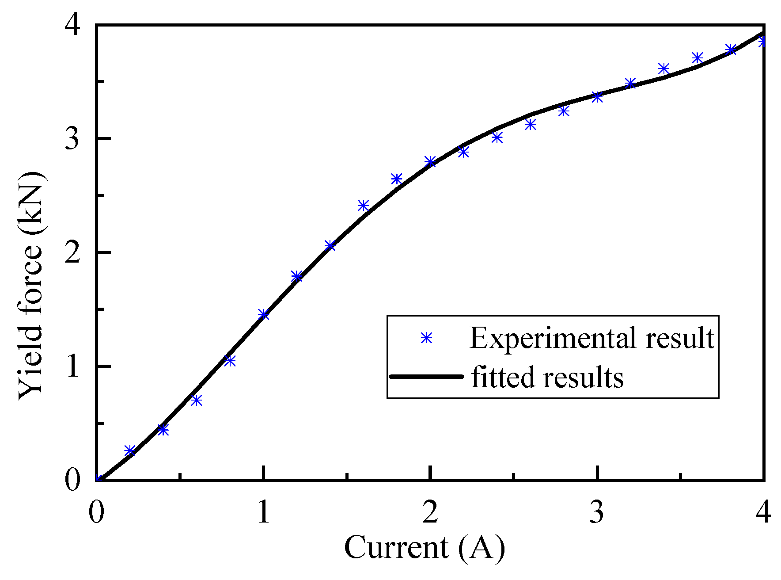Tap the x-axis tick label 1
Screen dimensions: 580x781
point(263,512)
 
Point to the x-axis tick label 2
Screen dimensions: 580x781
point(430,512)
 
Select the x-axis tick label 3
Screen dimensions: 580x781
point(597,512)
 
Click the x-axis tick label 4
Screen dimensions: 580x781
point(764,512)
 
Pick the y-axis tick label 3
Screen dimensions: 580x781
point(73,139)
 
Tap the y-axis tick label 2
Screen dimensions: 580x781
point(73,252)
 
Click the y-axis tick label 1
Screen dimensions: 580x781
point(73,366)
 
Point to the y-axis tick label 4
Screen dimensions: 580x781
point(73,26)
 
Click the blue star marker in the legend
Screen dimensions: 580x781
point(426,338)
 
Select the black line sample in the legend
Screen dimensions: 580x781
point(426,377)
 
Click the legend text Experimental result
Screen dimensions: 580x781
point(592,338)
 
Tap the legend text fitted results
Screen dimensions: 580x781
point(547,377)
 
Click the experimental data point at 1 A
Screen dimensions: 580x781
point(263,315)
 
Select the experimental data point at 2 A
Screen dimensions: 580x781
point(430,161)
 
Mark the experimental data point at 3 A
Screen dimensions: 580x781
point(597,97)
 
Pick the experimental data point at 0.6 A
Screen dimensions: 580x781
point(197,401)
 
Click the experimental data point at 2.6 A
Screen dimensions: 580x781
point(530,125)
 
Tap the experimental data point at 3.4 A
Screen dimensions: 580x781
point(663,69)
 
